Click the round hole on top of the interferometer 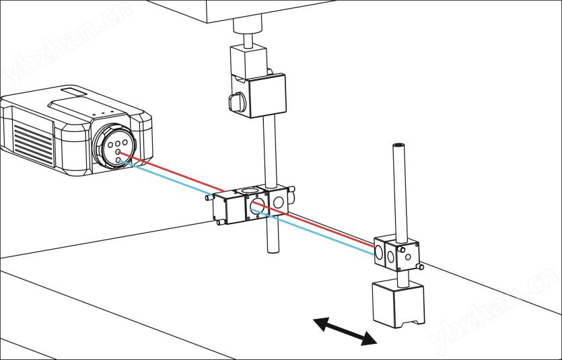[x=249, y=191]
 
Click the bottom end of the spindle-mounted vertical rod [x=273, y=249]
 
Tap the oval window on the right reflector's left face [x=378, y=252]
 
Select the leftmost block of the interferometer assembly [x=225, y=209]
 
